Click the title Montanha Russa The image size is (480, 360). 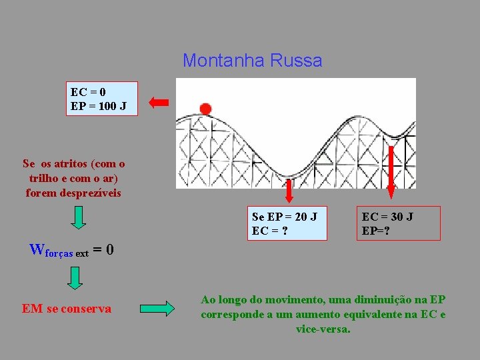pos(252,61)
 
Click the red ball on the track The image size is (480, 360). pos(205,109)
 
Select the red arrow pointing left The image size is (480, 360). pos(159,102)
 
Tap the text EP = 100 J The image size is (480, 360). pos(99,105)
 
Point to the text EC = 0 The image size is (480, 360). pos(88,92)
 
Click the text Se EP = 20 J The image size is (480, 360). pos(285,217)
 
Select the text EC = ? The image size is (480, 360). pos(270,231)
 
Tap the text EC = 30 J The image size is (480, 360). pos(387,217)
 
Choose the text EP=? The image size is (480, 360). pos(376,231)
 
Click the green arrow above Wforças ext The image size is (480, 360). pos(79,217)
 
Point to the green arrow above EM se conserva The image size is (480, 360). pos(75,277)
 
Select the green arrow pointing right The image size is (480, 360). pos(157,309)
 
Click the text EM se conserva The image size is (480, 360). pos(67,309)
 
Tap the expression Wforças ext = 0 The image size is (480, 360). pos(71,251)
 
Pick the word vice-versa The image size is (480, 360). pos(323,329)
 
